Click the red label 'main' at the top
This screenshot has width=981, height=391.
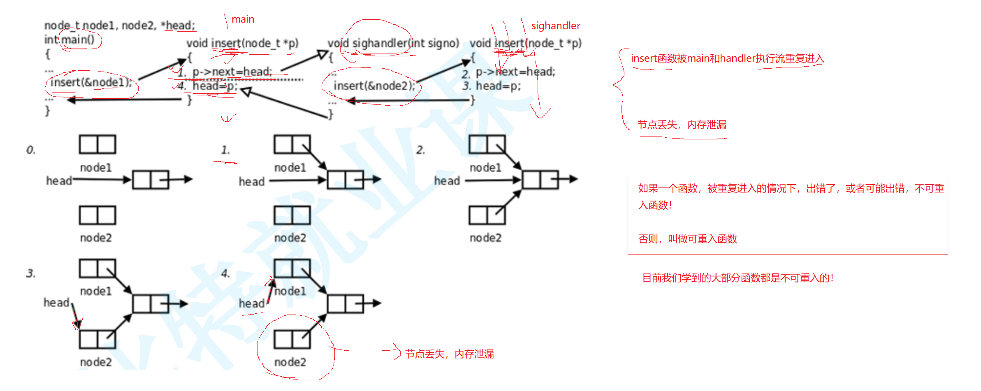point(243,19)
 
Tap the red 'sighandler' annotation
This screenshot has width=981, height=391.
point(555,26)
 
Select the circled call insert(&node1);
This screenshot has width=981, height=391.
point(91,83)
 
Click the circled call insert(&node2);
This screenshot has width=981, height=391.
point(374,86)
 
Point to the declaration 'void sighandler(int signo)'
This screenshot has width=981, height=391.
point(393,43)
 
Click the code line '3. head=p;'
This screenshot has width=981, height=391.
point(492,86)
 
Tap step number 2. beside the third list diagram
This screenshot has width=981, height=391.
point(420,150)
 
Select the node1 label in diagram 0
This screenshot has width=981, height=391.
point(96,168)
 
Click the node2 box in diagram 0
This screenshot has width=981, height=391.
point(97,215)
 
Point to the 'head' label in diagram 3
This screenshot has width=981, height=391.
point(56,303)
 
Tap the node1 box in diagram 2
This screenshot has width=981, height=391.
point(487,145)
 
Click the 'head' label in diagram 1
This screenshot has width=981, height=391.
point(251,182)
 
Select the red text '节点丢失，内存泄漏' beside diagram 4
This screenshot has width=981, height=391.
point(449,354)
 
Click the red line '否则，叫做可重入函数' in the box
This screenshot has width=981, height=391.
point(687,239)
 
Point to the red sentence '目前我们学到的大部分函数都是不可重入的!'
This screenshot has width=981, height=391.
point(737,278)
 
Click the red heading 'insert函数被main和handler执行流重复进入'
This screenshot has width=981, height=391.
point(727,58)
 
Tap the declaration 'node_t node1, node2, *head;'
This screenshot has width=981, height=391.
point(119,25)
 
